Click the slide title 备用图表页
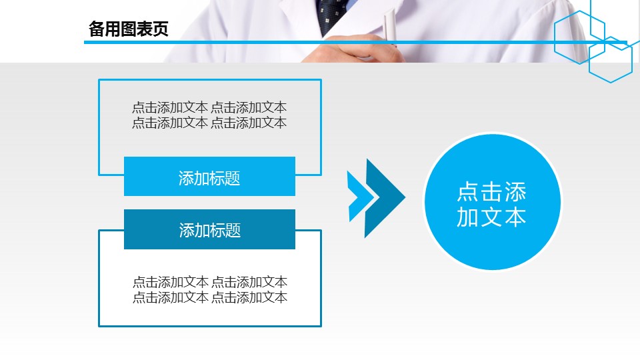click(x=128, y=29)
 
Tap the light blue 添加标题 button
click(x=209, y=176)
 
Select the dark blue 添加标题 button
click(x=209, y=229)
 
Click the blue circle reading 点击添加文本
click(x=493, y=202)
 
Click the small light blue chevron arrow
click(x=359, y=197)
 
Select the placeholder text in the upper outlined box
click(x=209, y=115)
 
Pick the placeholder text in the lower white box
click(x=210, y=289)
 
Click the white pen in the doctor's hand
click(x=390, y=25)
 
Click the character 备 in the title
click(x=96, y=29)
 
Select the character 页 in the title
click(x=161, y=29)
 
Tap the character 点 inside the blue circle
click(x=468, y=192)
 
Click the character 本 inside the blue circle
click(x=515, y=217)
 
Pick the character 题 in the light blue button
click(x=232, y=179)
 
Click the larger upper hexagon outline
click(x=554, y=37)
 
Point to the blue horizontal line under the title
click(x=355, y=42)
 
